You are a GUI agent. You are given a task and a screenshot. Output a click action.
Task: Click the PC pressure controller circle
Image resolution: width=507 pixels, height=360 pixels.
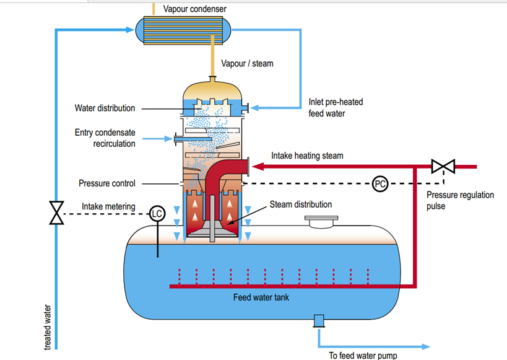tap(380, 183)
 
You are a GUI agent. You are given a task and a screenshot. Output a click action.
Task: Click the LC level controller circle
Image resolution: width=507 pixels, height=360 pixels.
tap(158, 214)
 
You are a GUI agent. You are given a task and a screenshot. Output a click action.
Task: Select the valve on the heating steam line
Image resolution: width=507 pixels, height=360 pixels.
tap(443, 167)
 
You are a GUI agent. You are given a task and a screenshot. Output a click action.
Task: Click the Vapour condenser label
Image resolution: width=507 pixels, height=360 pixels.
tap(194, 9)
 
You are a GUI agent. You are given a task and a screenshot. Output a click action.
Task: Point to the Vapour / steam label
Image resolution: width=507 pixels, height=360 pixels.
tap(247, 63)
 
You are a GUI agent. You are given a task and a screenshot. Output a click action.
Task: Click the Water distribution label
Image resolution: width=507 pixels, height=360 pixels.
tap(105, 108)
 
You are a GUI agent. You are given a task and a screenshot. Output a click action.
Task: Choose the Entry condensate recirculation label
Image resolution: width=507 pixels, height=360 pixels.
tap(105, 138)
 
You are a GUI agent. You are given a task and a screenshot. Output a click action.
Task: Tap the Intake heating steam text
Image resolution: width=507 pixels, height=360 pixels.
tap(307, 156)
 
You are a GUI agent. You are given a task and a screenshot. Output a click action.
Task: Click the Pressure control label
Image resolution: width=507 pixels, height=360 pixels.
tap(106, 183)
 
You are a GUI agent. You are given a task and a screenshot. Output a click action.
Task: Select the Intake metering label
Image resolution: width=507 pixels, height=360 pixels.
tap(110, 206)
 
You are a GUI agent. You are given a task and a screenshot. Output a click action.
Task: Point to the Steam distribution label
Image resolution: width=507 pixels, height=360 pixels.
tap(300, 204)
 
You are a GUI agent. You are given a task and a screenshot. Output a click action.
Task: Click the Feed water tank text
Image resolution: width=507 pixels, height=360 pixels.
tap(261, 297)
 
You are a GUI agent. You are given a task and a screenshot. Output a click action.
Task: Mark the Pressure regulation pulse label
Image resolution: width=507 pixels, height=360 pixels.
tap(460, 200)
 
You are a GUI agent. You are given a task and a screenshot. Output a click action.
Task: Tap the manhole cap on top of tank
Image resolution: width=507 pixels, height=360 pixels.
tap(319, 221)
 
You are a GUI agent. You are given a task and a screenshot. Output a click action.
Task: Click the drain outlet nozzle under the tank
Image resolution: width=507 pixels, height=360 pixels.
tap(319, 321)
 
